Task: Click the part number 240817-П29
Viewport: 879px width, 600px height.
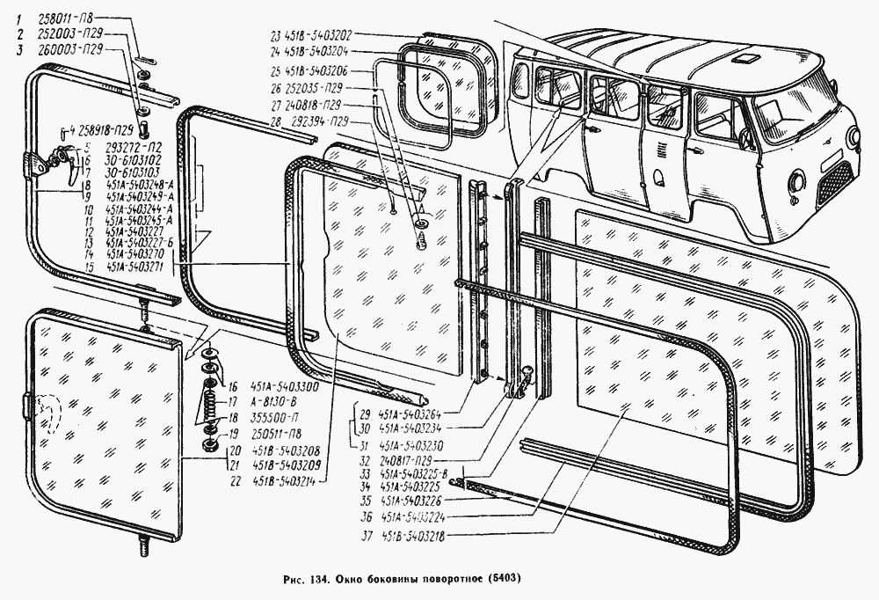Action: [403, 459]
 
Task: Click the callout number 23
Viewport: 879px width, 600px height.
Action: [275, 36]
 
